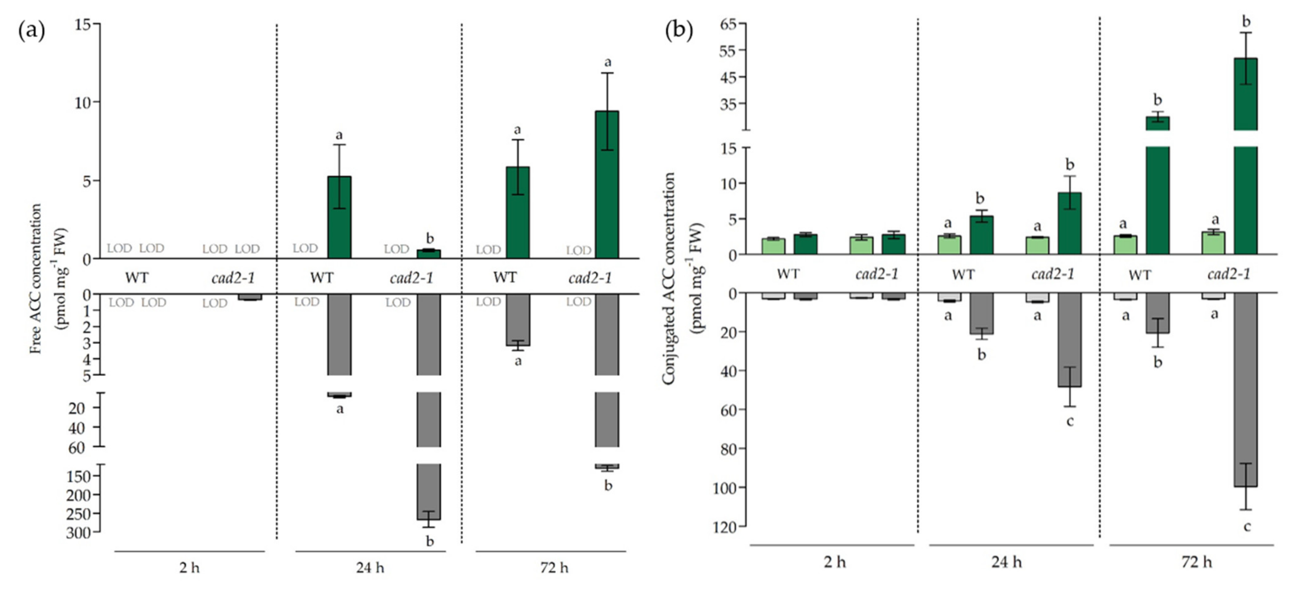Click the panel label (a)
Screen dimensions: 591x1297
pos(31,31)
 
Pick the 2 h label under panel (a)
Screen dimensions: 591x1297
pos(189,568)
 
